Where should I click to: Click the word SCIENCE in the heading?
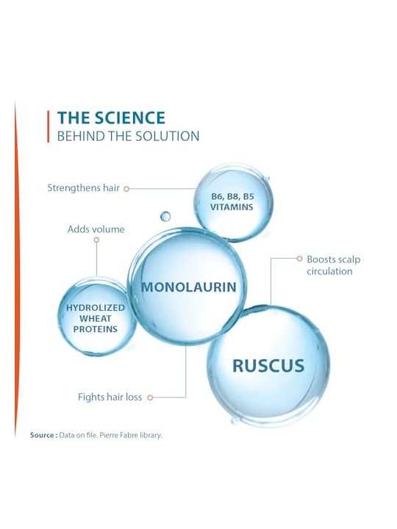(129, 118)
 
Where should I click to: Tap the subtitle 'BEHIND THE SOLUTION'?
(128, 137)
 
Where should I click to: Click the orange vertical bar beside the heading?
(49, 126)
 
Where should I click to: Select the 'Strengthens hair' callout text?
(83, 188)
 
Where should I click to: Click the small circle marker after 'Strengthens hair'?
(126, 189)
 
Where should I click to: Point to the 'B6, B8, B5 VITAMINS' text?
(232, 202)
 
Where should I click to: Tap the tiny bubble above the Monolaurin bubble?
(165, 216)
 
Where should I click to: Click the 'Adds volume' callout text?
(96, 229)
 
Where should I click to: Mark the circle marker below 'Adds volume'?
(96, 240)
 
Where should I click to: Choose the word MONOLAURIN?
(189, 287)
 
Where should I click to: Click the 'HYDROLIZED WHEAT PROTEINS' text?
(96, 318)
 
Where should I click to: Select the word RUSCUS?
(268, 366)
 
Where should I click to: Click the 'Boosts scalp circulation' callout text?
(334, 265)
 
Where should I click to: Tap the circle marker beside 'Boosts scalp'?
(300, 259)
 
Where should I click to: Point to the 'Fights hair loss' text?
(110, 397)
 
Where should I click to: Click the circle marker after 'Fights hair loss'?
(150, 397)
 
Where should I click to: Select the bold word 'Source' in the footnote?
(42, 435)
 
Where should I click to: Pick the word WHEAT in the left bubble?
(96, 318)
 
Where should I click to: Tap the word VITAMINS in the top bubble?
(232, 207)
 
